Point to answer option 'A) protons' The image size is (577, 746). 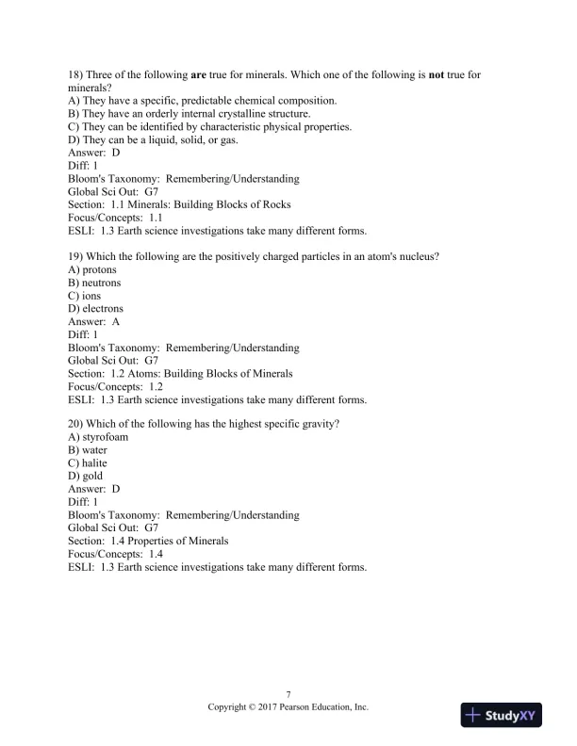tap(92, 269)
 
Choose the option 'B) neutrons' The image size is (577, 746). tap(95, 283)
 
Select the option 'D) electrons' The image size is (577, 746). tap(96, 308)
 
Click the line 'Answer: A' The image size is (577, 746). tap(94, 321)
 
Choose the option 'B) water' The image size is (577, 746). tap(88, 450)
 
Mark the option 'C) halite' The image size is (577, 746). tap(88, 463)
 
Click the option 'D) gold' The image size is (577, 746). tap(86, 476)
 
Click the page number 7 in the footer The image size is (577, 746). tap(288, 694)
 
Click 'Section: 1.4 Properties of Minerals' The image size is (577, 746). tap(148, 541)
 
